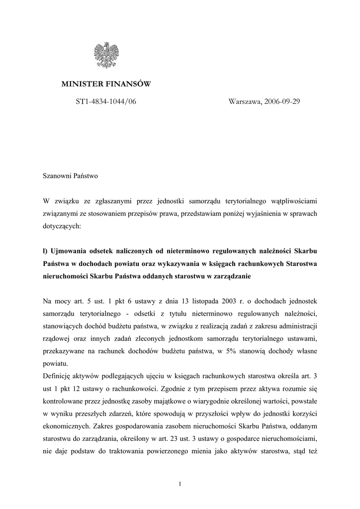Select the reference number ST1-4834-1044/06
pos(105,101)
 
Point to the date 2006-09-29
pos(282,101)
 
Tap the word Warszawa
pos(245,101)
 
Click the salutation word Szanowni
pos(58,176)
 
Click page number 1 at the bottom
pos(180,484)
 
